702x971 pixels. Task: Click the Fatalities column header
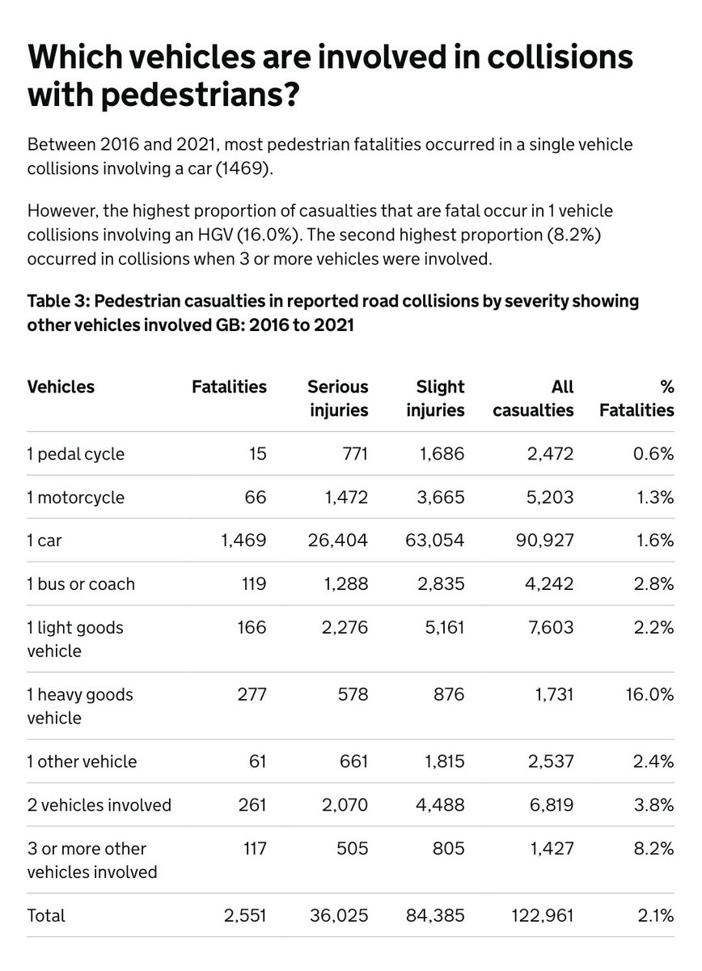(x=229, y=387)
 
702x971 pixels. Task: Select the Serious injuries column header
(x=338, y=398)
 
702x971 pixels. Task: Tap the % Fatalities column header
(x=636, y=398)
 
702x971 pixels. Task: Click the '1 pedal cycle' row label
(x=76, y=454)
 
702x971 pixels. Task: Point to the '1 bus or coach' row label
(x=81, y=583)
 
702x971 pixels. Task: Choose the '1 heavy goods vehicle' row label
(x=80, y=706)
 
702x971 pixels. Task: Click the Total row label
(x=46, y=915)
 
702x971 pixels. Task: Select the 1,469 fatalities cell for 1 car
(x=243, y=541)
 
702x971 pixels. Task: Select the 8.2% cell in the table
(x=654, y=850)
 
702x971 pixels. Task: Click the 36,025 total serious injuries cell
(x=338, y=915)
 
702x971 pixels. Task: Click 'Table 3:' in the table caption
(x=61, y=301)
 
